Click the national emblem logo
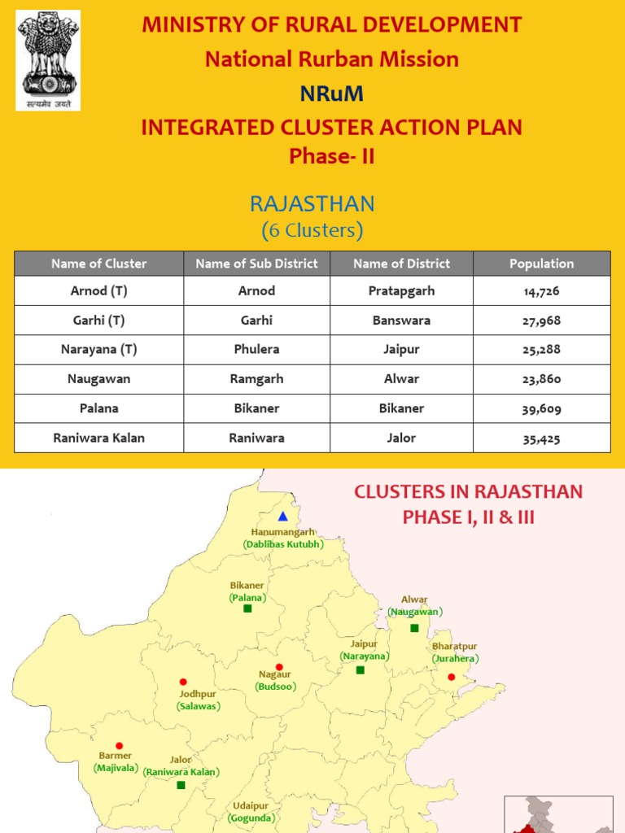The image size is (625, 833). (48, 60)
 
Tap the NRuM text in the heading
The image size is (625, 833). (331, 94)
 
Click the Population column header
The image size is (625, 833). (541, 264)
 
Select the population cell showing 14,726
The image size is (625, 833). (541, 291)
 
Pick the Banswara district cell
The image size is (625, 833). (401, 321)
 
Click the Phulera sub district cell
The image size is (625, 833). (256, 350)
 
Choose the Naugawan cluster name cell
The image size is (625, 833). (98, 379)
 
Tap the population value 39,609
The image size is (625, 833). (541, 409)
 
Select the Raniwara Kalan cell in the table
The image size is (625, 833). (98, 438)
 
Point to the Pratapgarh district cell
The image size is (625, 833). (401, 291)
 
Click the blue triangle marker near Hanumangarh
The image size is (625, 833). (282, 516)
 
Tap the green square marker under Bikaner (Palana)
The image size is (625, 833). (247, 608)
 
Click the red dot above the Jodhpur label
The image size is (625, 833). (183, 682)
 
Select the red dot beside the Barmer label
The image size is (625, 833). (120, 745)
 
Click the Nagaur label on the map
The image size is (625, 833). (274, 674)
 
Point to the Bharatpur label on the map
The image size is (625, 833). (454, 647)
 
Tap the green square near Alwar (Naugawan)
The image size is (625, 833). (414, 628)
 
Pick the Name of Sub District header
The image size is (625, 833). (256, 264)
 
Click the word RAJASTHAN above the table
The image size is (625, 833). (312, 203)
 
